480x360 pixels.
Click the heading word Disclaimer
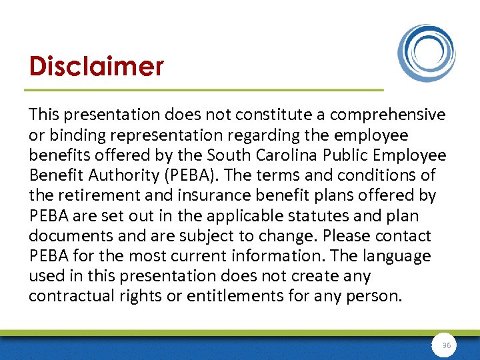pos(96,66)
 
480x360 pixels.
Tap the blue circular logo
pos(427,53)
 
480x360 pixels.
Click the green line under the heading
pos(203,90)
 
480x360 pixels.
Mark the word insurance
pos(215,195)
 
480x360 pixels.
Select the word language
pos(397,256)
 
